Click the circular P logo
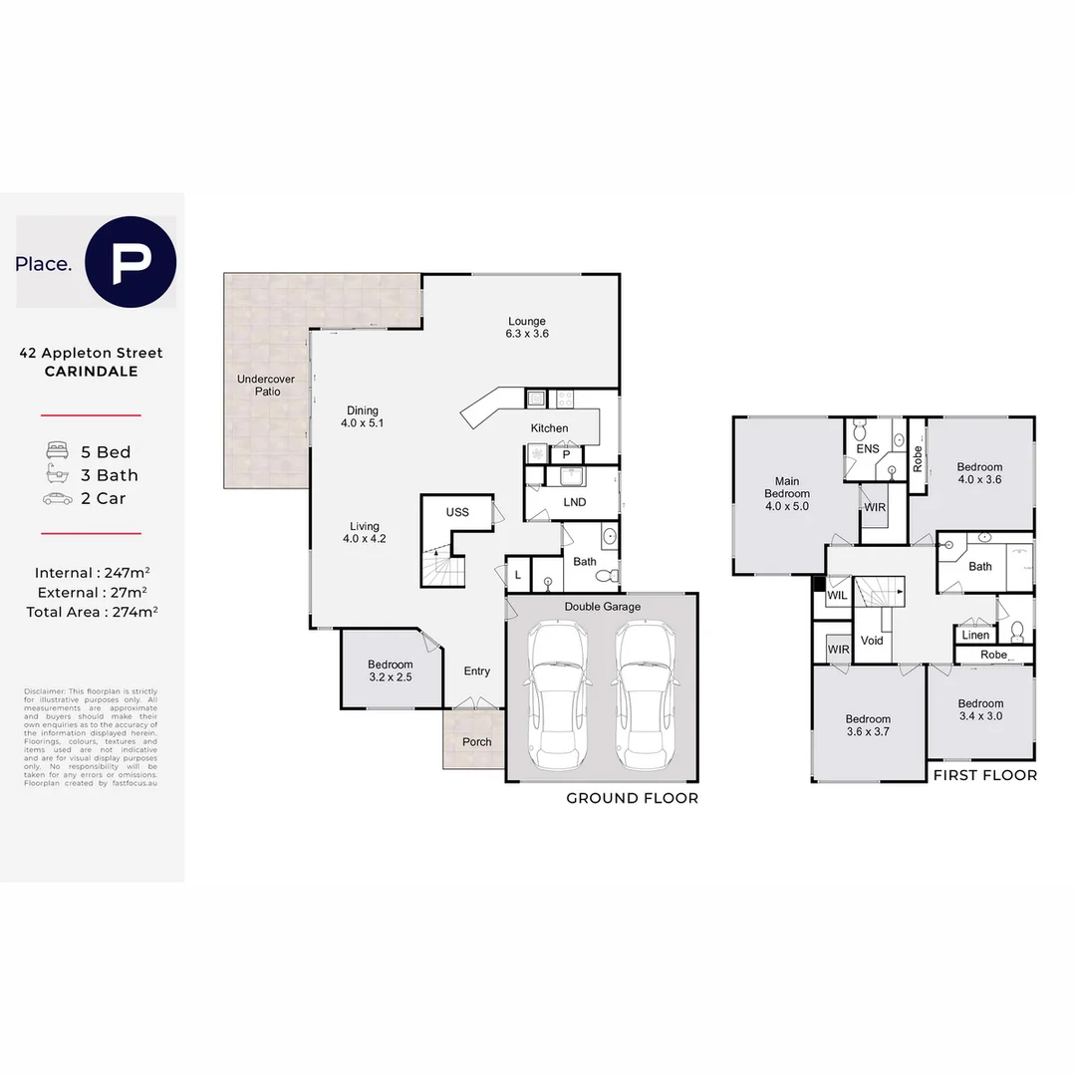pyautogui.click(x=131, y=261)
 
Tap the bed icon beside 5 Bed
pyautogui.click(x=56, y=452)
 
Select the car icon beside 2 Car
pyautogui.click(x=56, y=499)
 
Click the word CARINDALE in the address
pyautogui.click(x=92, y=372)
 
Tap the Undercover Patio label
pyautogui.click(x=258, y=385)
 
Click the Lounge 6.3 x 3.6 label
pyautogui.click(x=526, y=328)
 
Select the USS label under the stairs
pyautogui.click(x=457, y=512)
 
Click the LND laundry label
pyautogui.click(x=575, y=502)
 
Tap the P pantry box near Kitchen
pyautogui.click(x=566, y=454)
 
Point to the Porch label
pyautogui.click(x=476, y=742)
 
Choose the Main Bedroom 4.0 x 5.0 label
pyautogui.click(x=787, y=493)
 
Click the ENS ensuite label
pyautogui.click(x=868, y=449)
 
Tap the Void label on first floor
pyautogui.click(x=872, y=641)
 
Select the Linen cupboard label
pyautogui.click(x=976, y=635)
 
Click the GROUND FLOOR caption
pyautogui.click(x=632, y=798)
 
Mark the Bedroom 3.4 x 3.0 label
pyautogui.click(x=980, y=709)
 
